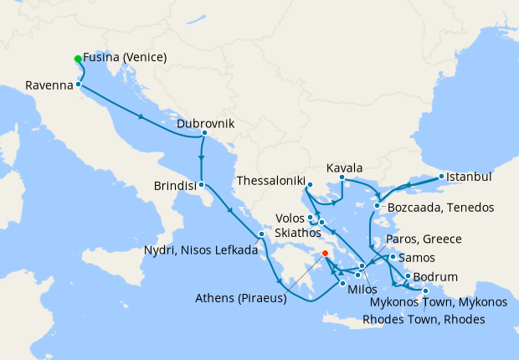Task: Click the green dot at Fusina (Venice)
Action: (78, 59)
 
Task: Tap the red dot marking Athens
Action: (325, 251)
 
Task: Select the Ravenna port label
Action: (49, 85)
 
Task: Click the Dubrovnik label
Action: (206, 123)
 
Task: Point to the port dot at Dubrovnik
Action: (204, 133)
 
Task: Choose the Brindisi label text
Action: (175, 185)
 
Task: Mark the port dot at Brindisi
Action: (202, 184)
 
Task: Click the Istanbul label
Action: (469, 177)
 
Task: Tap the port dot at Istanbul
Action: (442, 177)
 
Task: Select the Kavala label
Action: (344, 167)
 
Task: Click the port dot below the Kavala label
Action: (342, 177)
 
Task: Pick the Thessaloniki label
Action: (270, 180)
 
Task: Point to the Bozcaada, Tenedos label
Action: (439, 207)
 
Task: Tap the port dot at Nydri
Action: (262, 234)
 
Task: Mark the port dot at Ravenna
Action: (78, 85)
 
